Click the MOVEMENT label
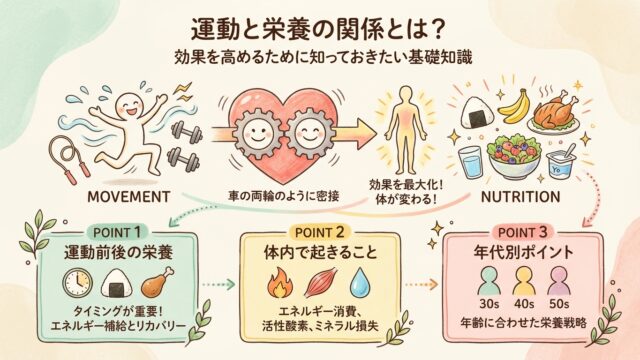tap(129, 197)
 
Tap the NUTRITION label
tap(520, 197)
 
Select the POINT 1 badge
tap(117, 232)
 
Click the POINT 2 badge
tap(320, 232)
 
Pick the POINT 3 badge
tap(522, 232)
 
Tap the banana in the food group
tap(513, 106)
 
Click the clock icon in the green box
tap(78, 283)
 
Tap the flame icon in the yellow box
tap(277, 282)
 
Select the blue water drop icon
tap(360, 282)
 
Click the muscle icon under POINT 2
tap(321, 282)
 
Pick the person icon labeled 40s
tap(524, 281)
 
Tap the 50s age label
tap(559, 304)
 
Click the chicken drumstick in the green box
tap(158, 282)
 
